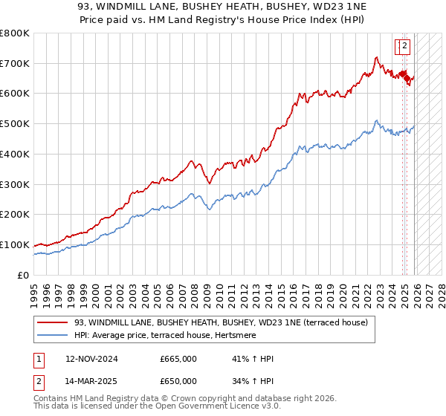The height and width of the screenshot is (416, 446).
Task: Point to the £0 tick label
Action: [22, 275]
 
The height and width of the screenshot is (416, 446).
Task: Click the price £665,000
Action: [178, 359]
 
